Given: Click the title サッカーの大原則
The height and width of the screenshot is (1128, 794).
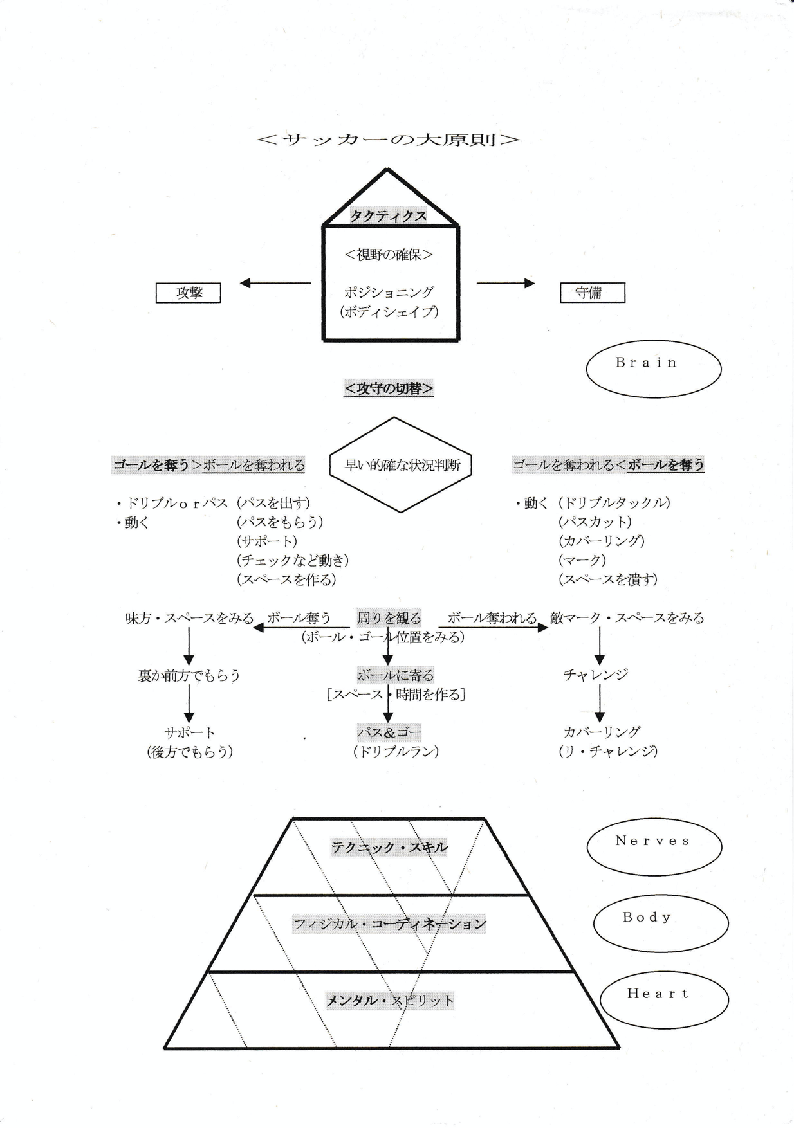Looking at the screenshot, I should (x=388, y=140).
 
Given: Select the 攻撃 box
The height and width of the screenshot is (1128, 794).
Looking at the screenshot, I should (x=189, y=293).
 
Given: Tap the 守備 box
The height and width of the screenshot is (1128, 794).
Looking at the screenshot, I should (x=592, y=293).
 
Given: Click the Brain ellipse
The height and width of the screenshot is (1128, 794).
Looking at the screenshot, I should (x=653, y=368).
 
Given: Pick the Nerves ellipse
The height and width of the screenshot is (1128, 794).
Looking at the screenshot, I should (x=654, y=846).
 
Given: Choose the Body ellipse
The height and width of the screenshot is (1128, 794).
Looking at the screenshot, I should (x=660, y=923).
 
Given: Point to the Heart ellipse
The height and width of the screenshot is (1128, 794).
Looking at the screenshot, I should (x=664, y=999).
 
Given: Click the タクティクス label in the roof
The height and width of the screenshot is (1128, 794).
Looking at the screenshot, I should (x=388, y=215).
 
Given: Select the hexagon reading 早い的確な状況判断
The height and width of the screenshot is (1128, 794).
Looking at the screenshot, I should (x=401, y=465).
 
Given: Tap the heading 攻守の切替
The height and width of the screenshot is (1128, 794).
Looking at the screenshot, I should (x=389, y=388).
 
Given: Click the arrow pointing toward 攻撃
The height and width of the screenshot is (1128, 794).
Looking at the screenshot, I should (x=275, y=283).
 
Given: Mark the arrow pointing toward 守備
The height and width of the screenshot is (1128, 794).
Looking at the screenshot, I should (x=505, y=283).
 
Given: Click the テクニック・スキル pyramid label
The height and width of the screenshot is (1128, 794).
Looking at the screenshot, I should (x=389, y=848).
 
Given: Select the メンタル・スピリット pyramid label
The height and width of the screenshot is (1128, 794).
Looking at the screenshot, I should (x=389, y=1000).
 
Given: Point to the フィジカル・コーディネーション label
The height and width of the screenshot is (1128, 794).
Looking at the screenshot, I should (x=389, y=924).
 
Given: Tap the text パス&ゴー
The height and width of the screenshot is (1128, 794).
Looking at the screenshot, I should (x=389, y=732).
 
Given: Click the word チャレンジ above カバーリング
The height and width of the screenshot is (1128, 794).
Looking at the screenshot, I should (x=595, y=675).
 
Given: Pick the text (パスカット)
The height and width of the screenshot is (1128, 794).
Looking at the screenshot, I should (x=595, y=522).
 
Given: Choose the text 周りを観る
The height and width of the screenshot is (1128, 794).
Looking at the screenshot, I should (x=389, y=618).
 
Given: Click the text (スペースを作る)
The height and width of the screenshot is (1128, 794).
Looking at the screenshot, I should (x=286, y=579).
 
